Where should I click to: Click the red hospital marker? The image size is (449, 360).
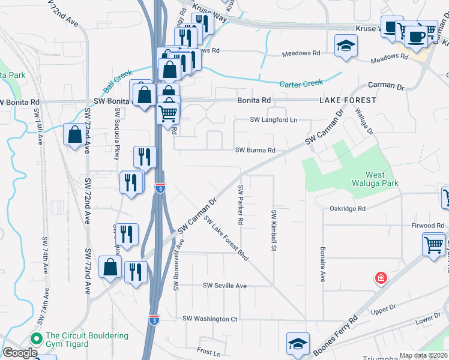[380, 278]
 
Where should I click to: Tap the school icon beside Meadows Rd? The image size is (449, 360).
[346, 47]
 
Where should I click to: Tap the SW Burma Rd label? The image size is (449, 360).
[255, 150]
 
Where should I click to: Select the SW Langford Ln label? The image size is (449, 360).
[274, 120]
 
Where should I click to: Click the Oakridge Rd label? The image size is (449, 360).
[348, 209]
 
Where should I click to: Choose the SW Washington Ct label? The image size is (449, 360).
[210, 319]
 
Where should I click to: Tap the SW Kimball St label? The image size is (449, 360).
[274, 230]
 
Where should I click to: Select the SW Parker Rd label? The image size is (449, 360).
[240, 205]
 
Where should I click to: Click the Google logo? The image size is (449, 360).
[20, 353]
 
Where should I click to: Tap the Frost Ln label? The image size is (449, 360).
[208, 349]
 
